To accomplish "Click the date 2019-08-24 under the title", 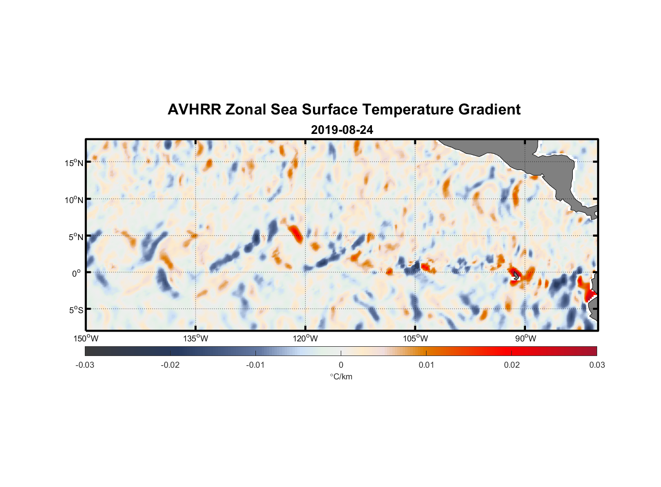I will point(342,130).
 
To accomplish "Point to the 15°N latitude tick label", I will point(74,163).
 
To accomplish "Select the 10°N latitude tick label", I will point(74,200).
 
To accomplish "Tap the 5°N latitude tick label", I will point(76,237).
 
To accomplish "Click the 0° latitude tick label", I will point(77,273).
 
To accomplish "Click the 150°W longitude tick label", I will point(86,338).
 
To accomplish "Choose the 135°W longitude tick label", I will point(195,338).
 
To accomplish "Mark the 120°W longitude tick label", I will point(305,338).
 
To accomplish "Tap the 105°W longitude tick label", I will point(415,338).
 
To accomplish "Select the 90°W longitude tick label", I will point(525,338).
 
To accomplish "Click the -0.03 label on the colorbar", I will point(85,365).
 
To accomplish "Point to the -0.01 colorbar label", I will point(255,365).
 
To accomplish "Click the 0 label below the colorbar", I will point(341,365).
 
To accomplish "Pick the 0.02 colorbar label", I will point(512,365).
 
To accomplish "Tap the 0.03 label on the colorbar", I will point(597,365).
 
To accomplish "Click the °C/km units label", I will point(341,376).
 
